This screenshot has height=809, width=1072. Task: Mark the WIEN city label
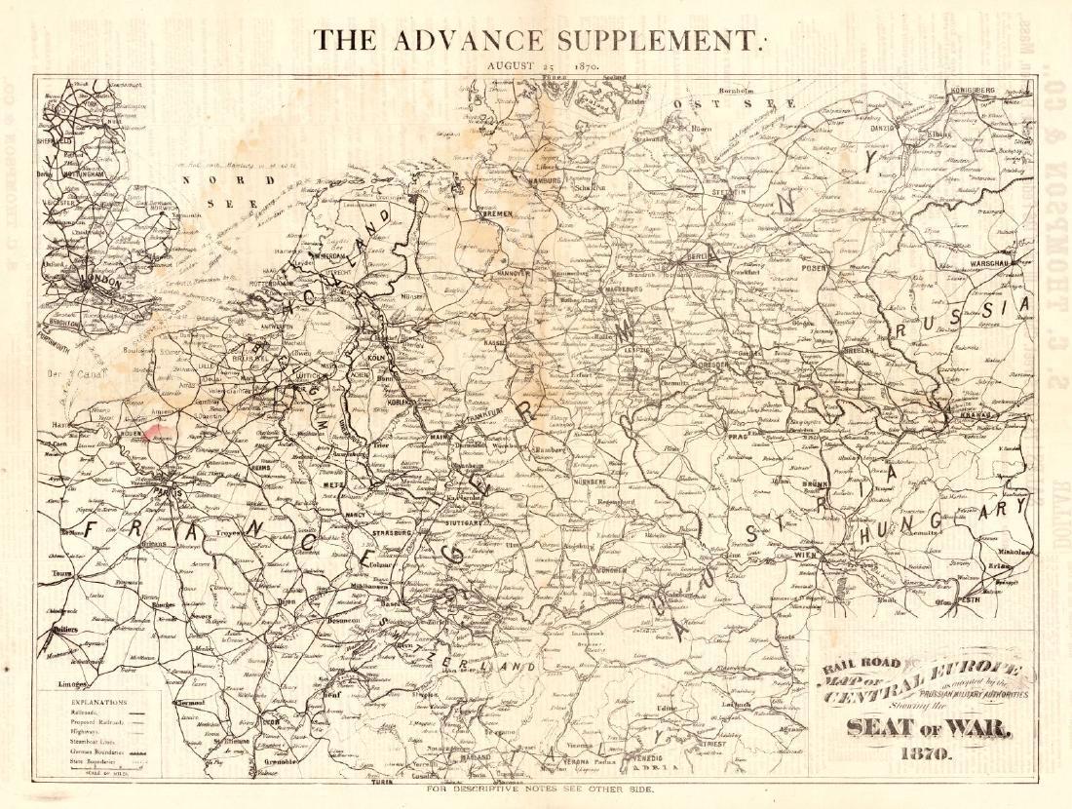pyautogui.click(x=805, y=553)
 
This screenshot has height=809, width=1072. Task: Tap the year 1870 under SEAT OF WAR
pyautogui.click(x=921, y=753)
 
